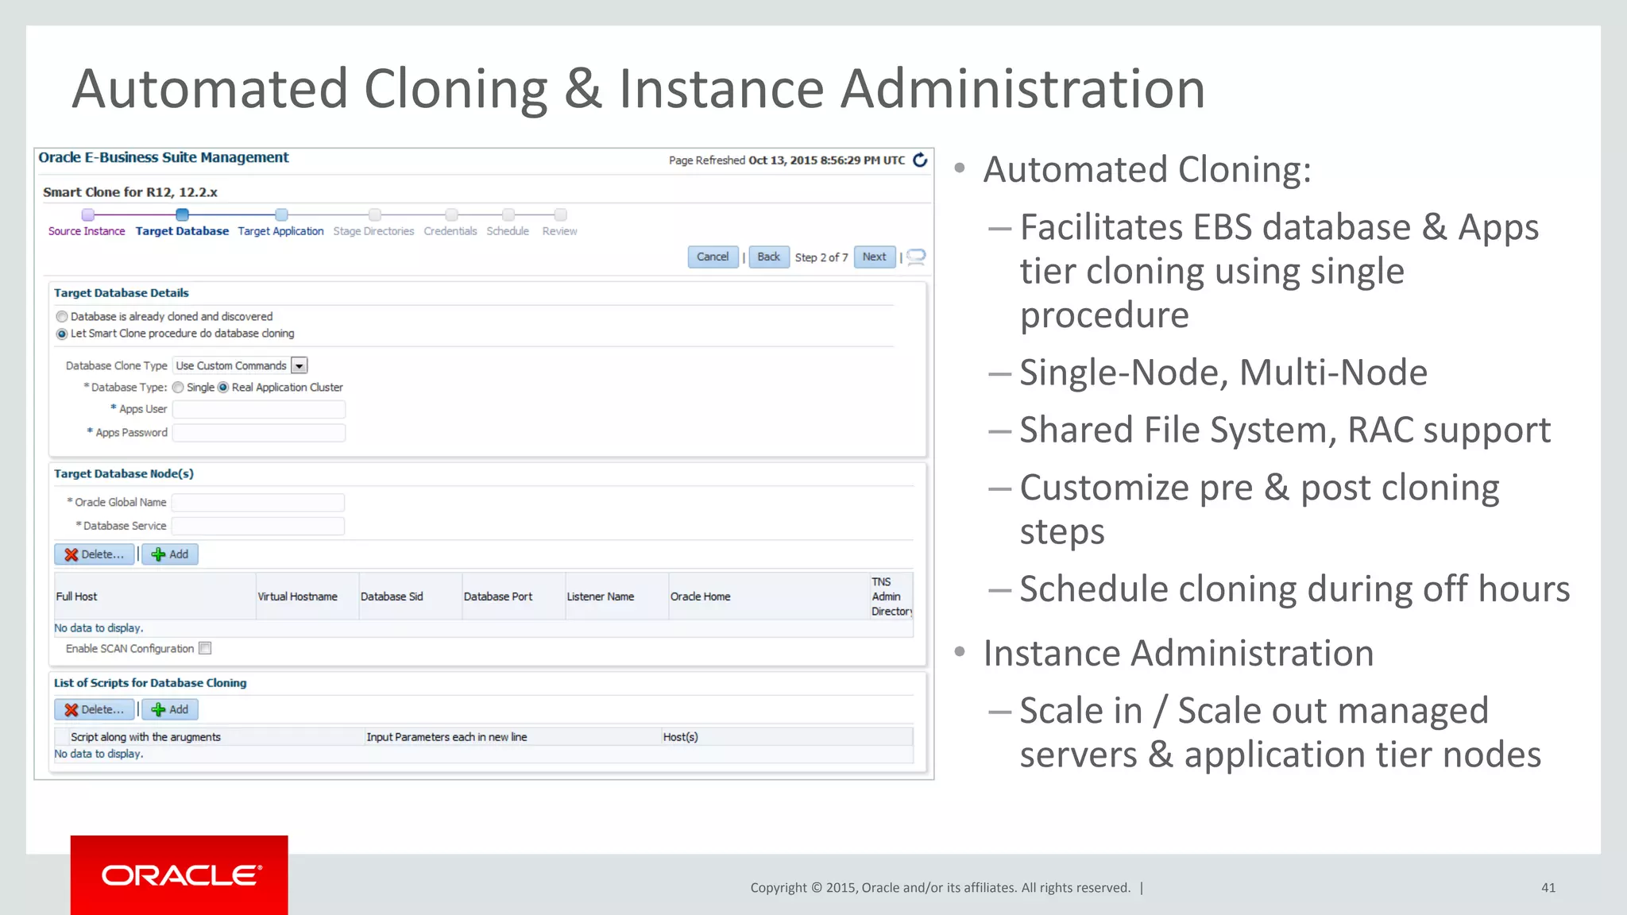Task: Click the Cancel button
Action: click(712, 257)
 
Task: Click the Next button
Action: click(874, 257)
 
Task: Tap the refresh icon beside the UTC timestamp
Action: click(920, 160)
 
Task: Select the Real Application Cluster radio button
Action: click(223, 388)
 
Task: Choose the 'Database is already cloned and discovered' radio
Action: click(62, 317)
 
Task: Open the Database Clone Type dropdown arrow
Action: click(300, 365)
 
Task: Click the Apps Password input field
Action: click(259, 433)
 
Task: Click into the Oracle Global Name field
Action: click(258, 503)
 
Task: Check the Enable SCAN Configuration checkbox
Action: click(205, 648)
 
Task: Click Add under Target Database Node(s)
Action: click(170, 554)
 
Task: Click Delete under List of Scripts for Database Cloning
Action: click(95, 709)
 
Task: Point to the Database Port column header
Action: click(498, 596)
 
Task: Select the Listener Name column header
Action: click(600, 596)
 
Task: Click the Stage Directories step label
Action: click(373, 231)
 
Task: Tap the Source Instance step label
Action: click(87, 231)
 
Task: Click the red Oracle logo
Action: click(180, 874)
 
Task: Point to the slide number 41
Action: click(1548, 888)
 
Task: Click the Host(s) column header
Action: click(680, 737)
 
